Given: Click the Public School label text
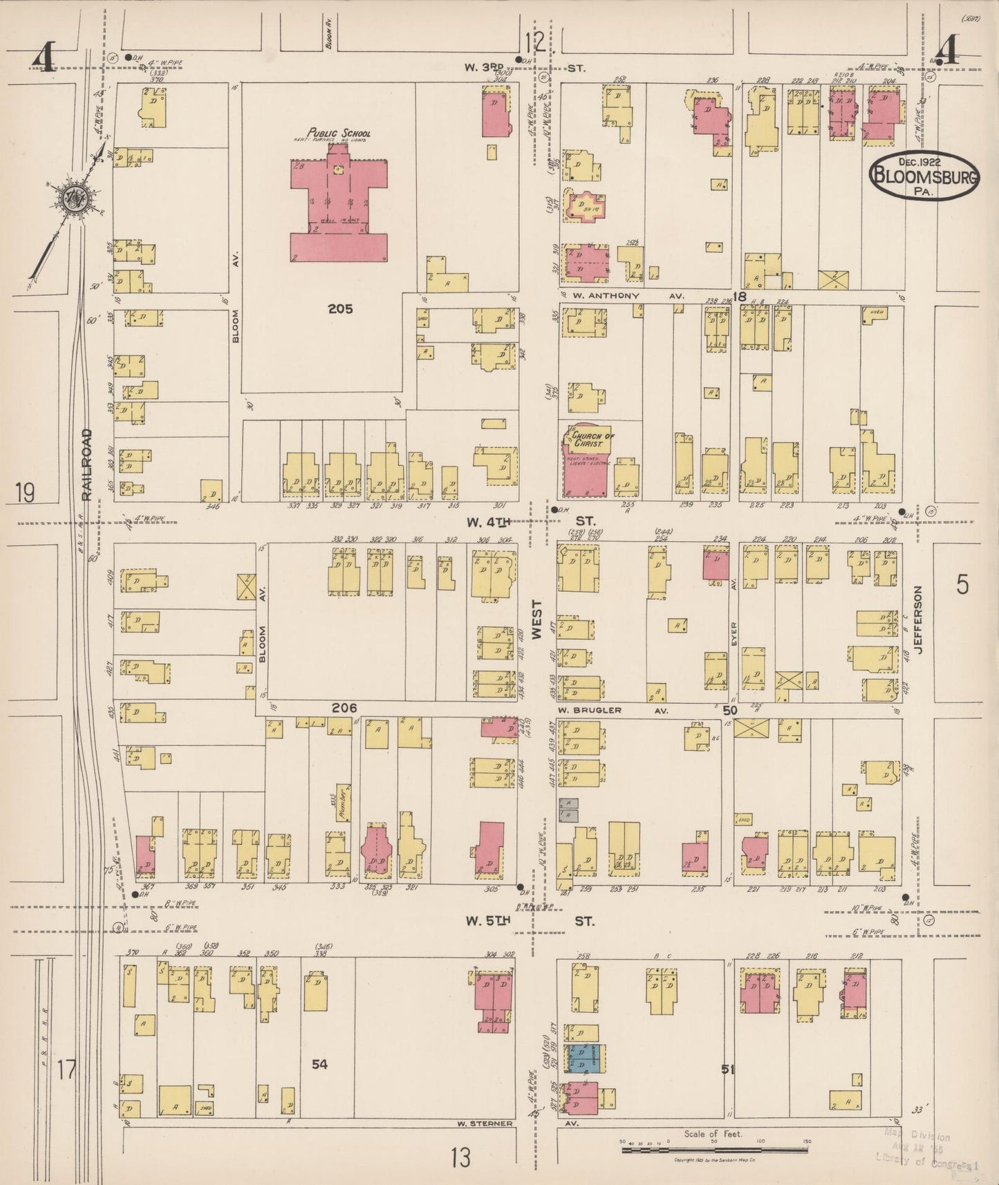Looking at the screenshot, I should tap(339, 133).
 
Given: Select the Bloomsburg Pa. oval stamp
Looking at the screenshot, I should tap(924, 176).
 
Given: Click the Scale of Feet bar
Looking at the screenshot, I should tap(714, 1150).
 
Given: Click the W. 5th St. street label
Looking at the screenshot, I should tap(529, 921).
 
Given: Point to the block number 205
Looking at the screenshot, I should tap(340, 309).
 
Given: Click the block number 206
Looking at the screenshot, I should tap(344, 708).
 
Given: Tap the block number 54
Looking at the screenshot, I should tap(319, 1065).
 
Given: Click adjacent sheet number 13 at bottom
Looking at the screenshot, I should tap(460, 1157).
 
